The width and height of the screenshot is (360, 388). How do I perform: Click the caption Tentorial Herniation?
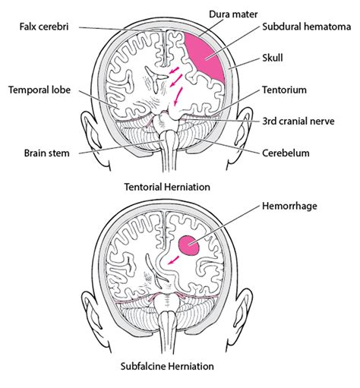[x=167, y=186]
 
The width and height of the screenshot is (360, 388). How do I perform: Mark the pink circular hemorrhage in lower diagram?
[x=190, y=244]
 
